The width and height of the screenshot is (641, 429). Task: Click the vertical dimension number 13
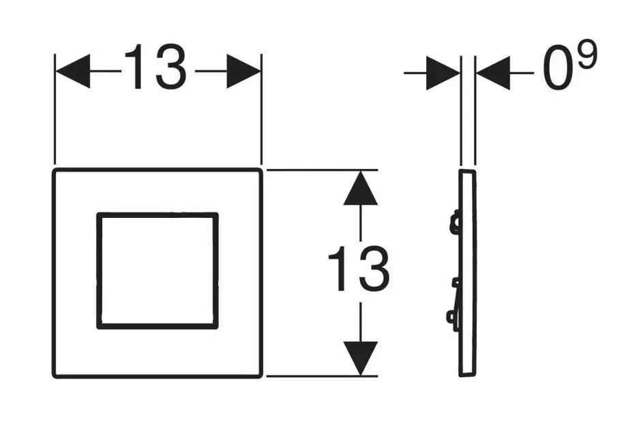(x=359, y=270)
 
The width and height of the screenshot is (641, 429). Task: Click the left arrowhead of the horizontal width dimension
(x=74, y=71)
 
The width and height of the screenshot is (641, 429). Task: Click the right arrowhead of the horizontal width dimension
(x=243, y=71)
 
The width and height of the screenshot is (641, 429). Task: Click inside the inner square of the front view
(x=158, y=271)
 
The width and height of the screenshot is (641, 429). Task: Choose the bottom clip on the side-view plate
(x=452, y=317)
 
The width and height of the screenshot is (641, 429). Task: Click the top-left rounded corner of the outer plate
(x=57, y=171)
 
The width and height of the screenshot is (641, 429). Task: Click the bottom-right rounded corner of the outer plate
(x=258, y=373)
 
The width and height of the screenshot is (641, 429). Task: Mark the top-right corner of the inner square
(x=216, y=216)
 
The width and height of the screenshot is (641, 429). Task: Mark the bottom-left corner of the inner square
(x=100, y=326)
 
